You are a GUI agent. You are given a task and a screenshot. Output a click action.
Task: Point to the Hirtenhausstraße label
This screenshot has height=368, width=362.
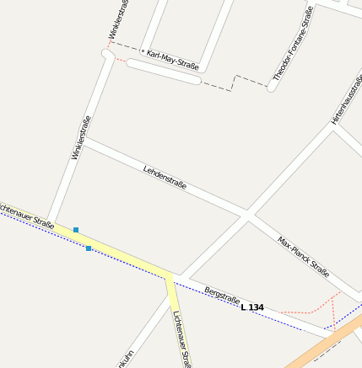[347, 100]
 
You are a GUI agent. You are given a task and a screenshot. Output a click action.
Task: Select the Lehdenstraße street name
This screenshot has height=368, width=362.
[165, 176]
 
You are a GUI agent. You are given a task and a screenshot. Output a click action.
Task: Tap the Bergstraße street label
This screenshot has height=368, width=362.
[222, 296]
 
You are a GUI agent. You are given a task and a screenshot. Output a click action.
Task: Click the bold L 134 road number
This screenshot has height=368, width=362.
[252, 307]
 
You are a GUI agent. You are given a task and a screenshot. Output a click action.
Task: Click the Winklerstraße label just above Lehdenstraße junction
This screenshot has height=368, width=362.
[81, 137]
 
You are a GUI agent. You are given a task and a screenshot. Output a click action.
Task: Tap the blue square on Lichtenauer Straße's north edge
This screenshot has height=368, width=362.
[76, 229]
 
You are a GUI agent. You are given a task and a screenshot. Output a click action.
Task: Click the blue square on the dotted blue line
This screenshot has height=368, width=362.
[89, 248]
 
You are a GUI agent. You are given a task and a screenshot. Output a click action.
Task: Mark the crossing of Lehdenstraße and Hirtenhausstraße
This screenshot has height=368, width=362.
[247, 216]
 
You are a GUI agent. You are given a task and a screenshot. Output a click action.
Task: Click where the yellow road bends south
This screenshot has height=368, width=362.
[170, 275]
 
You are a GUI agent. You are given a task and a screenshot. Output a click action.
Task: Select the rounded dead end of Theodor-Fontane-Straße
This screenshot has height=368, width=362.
[272, 87]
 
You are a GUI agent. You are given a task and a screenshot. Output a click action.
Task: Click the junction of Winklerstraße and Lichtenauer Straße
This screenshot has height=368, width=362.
[51, 221]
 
